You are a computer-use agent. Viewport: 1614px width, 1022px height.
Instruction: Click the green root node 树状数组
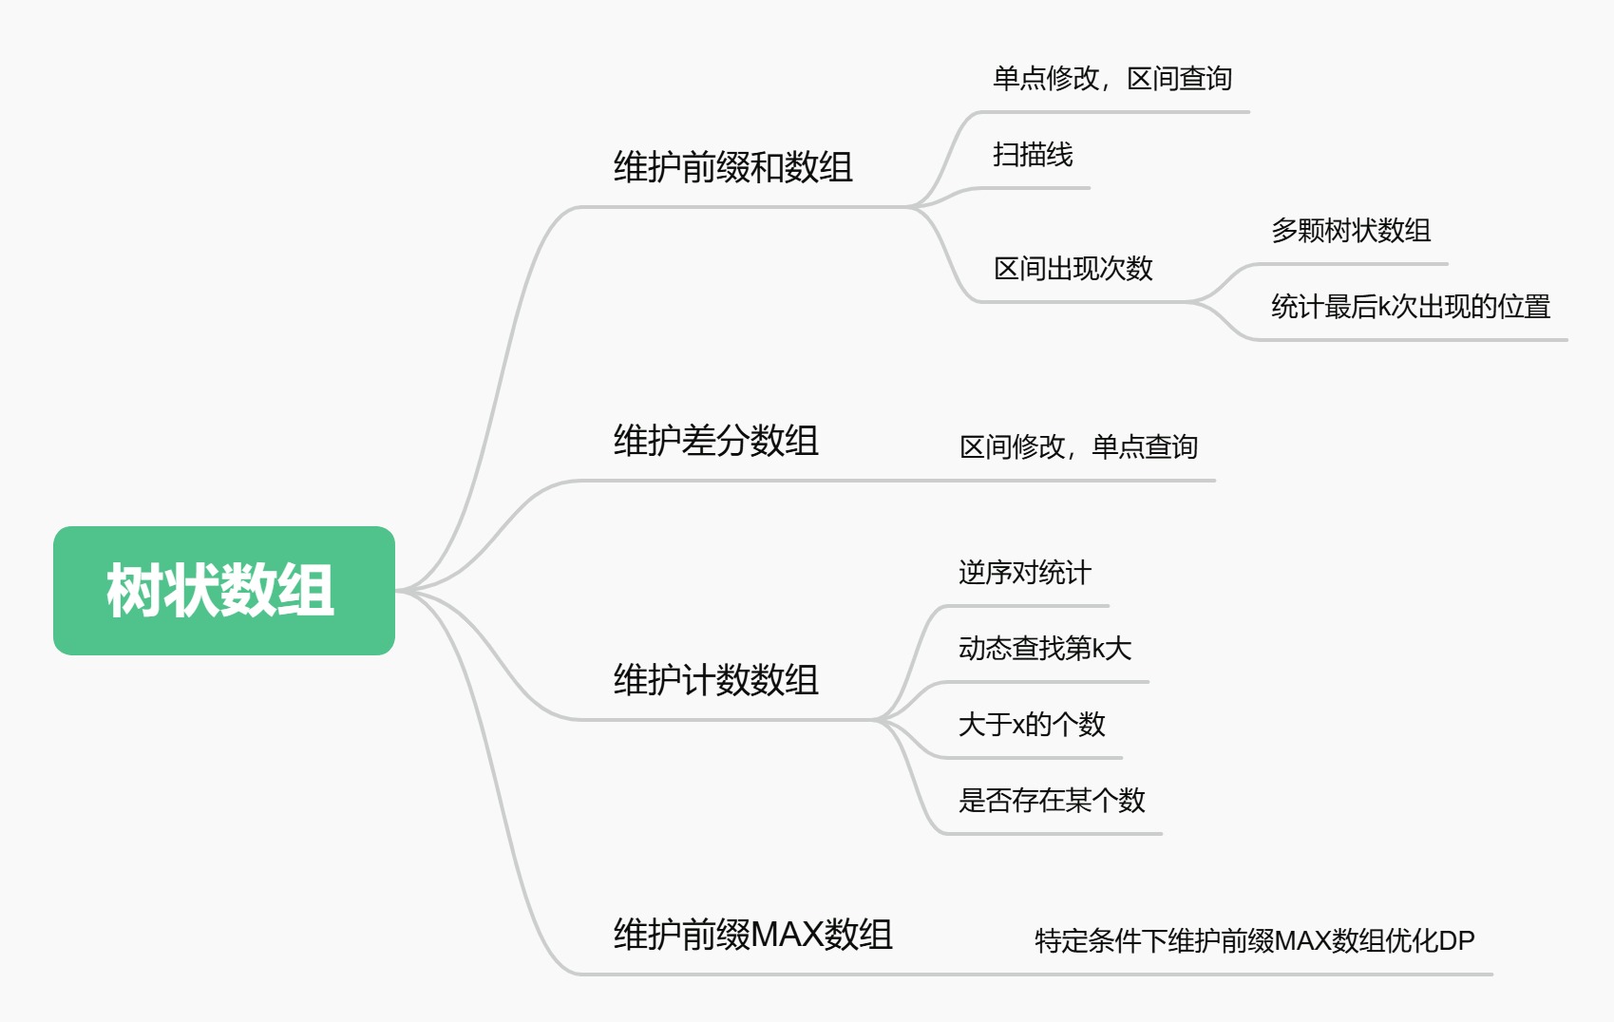pyautogui.click(x=224, y=591)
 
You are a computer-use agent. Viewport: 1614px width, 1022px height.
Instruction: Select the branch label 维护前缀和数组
pyautogui.click(x=732, y=167)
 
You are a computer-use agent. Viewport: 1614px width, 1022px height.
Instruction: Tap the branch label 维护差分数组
pyautogui.click(x=715, y=440)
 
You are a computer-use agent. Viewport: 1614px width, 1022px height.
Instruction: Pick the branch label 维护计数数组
pyautogui.click(x=715, y=679)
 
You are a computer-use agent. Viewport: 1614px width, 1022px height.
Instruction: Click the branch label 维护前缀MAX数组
pyautogui.click(x=753, y=934)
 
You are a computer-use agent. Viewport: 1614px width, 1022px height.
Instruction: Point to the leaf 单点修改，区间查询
pyautogui.click(x=1112, y=79)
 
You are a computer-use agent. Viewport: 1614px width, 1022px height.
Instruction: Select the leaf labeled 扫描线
pyautogui.click(x=1033, y=154)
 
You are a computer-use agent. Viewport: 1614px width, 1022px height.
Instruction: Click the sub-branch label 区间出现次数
pyautogui.click(x=1073, y=269)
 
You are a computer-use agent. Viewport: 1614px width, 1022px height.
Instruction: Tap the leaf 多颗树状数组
pyautogui.click(x=1351, y=231)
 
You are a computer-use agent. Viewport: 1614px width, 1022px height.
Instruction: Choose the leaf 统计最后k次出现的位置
pyautogui.click(x=1411, y=307)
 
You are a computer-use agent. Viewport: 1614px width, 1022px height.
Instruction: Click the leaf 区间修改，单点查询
pyautogui.click(x=1078, y=447)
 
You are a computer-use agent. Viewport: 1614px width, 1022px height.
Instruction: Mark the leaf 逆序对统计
pyautogui.click(x=1025, y=574)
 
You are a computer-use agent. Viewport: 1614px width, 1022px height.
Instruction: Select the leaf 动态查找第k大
pyautogui.click(x=1045, y=648)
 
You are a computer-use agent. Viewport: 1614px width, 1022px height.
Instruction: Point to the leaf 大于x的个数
pyautogui.click(x=1032, y=725)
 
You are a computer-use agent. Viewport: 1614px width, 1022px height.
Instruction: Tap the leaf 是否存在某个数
pyautogui.click(x=1052, y=800)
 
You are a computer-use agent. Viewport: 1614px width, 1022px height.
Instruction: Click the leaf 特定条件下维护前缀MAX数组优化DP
pyautogui.click(x=1255, y=940)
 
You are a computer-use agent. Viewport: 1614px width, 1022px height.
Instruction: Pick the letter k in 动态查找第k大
pyautogui.click(x=1099, y=649)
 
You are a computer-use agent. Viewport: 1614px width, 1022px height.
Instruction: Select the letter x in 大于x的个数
pyautogui.click(x=1018, y=727)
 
